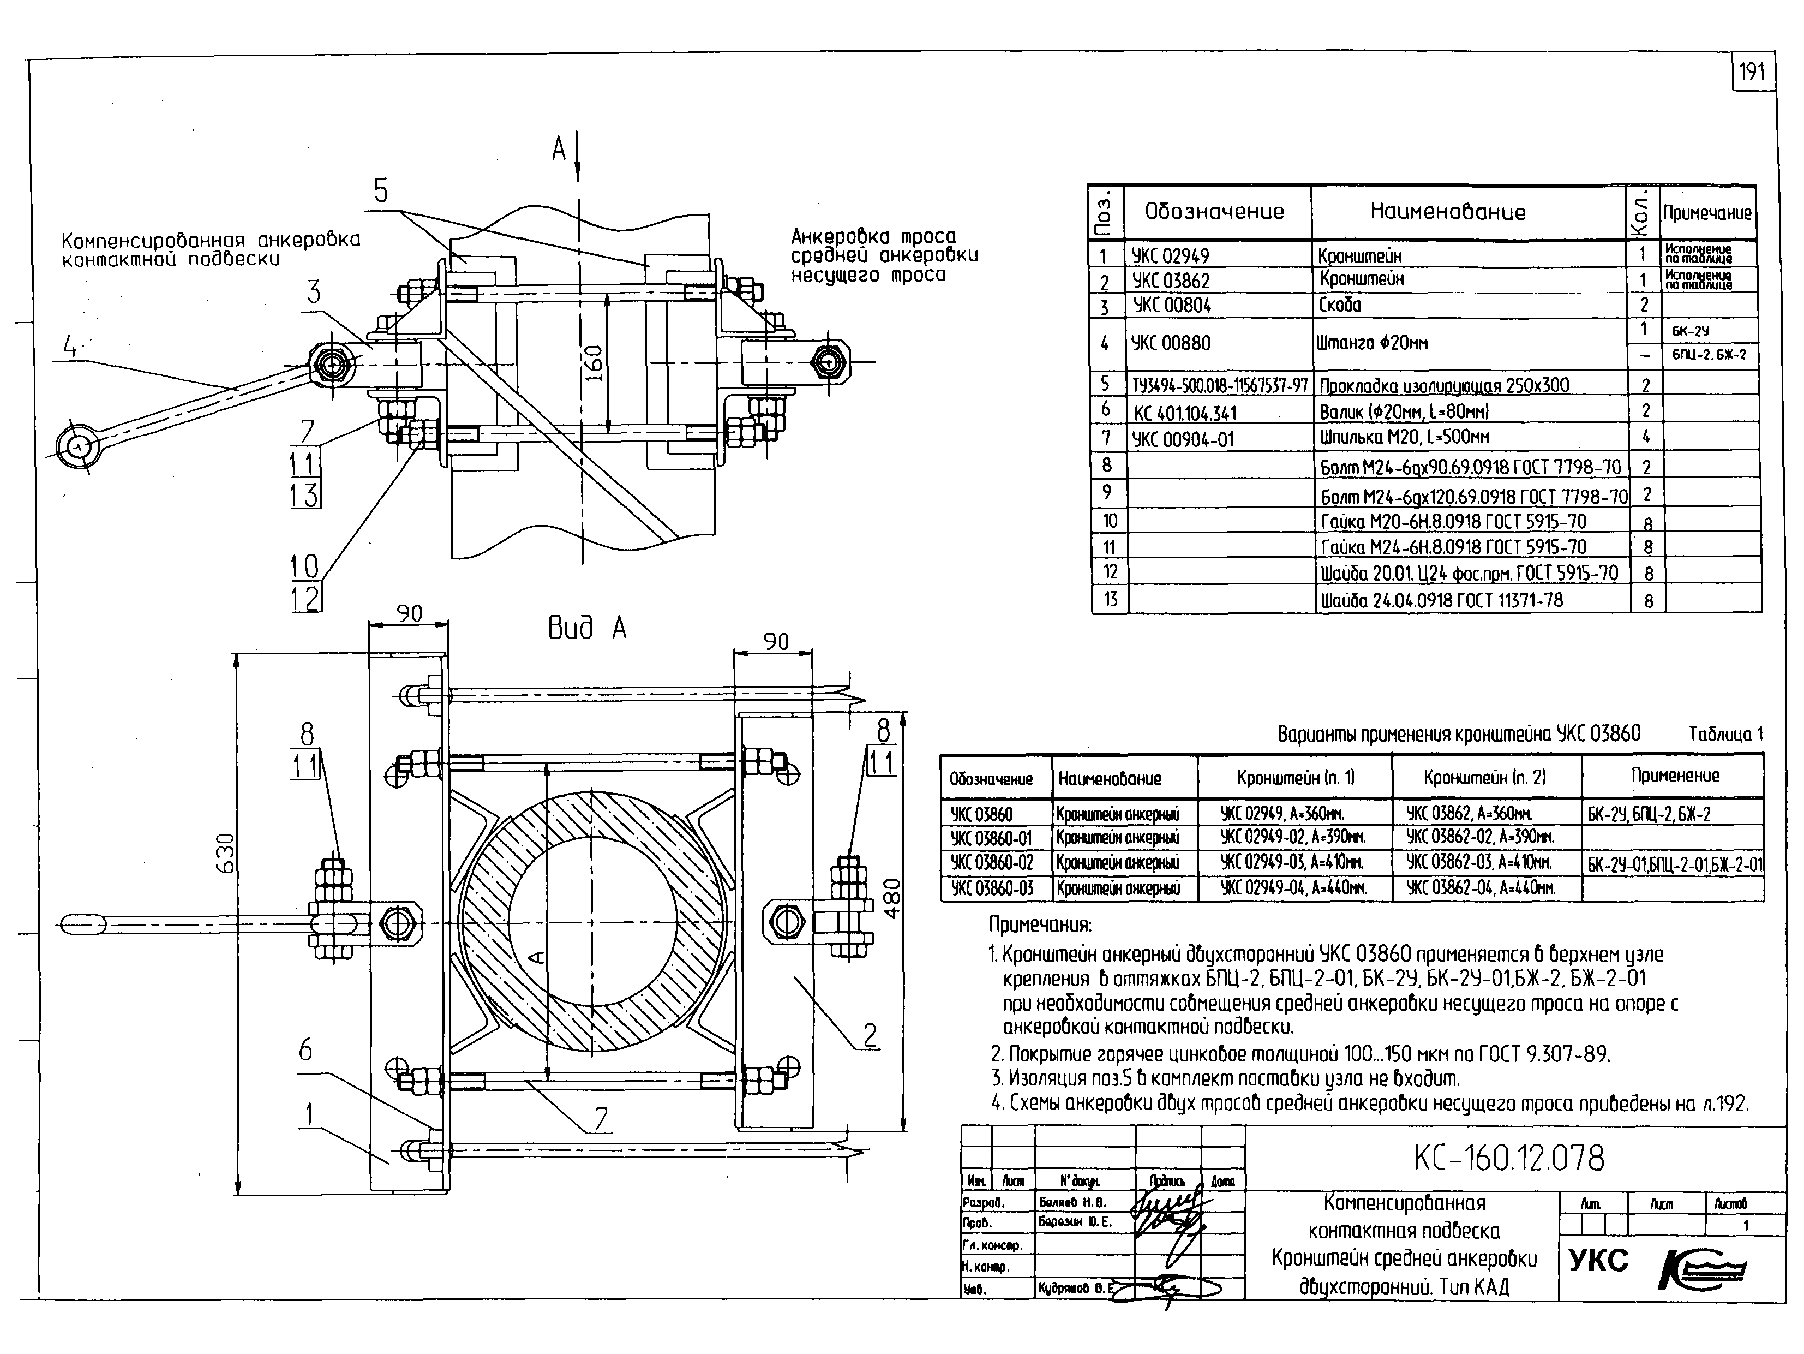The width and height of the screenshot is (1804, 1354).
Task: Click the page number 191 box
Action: coord(1752,73)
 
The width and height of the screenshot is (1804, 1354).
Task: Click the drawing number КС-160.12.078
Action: coord(1509,1158)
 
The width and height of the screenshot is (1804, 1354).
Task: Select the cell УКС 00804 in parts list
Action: coord(1171,306)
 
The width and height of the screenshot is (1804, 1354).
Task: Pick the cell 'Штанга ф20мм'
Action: coord(1370,343)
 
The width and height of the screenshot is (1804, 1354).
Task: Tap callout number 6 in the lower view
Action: coord(305,1050)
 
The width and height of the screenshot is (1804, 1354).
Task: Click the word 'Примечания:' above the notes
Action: coord(1040,925)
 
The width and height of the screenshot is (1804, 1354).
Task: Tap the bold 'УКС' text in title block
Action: coord(1598,1261)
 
